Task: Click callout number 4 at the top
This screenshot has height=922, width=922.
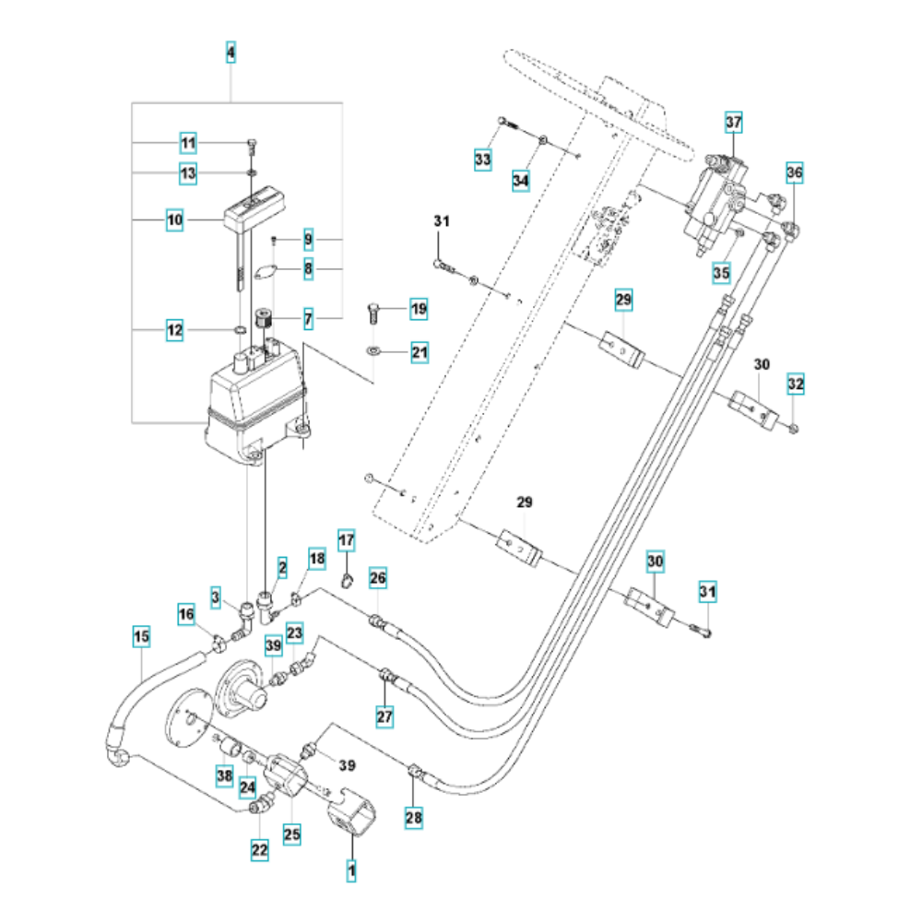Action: coord(230,53)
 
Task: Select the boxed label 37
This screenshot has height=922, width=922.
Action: coord(733,123)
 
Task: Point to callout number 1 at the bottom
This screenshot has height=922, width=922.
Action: coord(350,869)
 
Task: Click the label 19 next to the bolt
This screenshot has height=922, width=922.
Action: coord(419,309)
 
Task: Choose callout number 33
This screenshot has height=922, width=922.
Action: coord(483,160)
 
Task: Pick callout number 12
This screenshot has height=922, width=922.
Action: coord(175,329)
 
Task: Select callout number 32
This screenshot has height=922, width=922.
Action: coord(796,383)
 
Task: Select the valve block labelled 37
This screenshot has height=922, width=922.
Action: coord(719,198)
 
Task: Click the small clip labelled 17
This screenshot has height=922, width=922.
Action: coord(348,579)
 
